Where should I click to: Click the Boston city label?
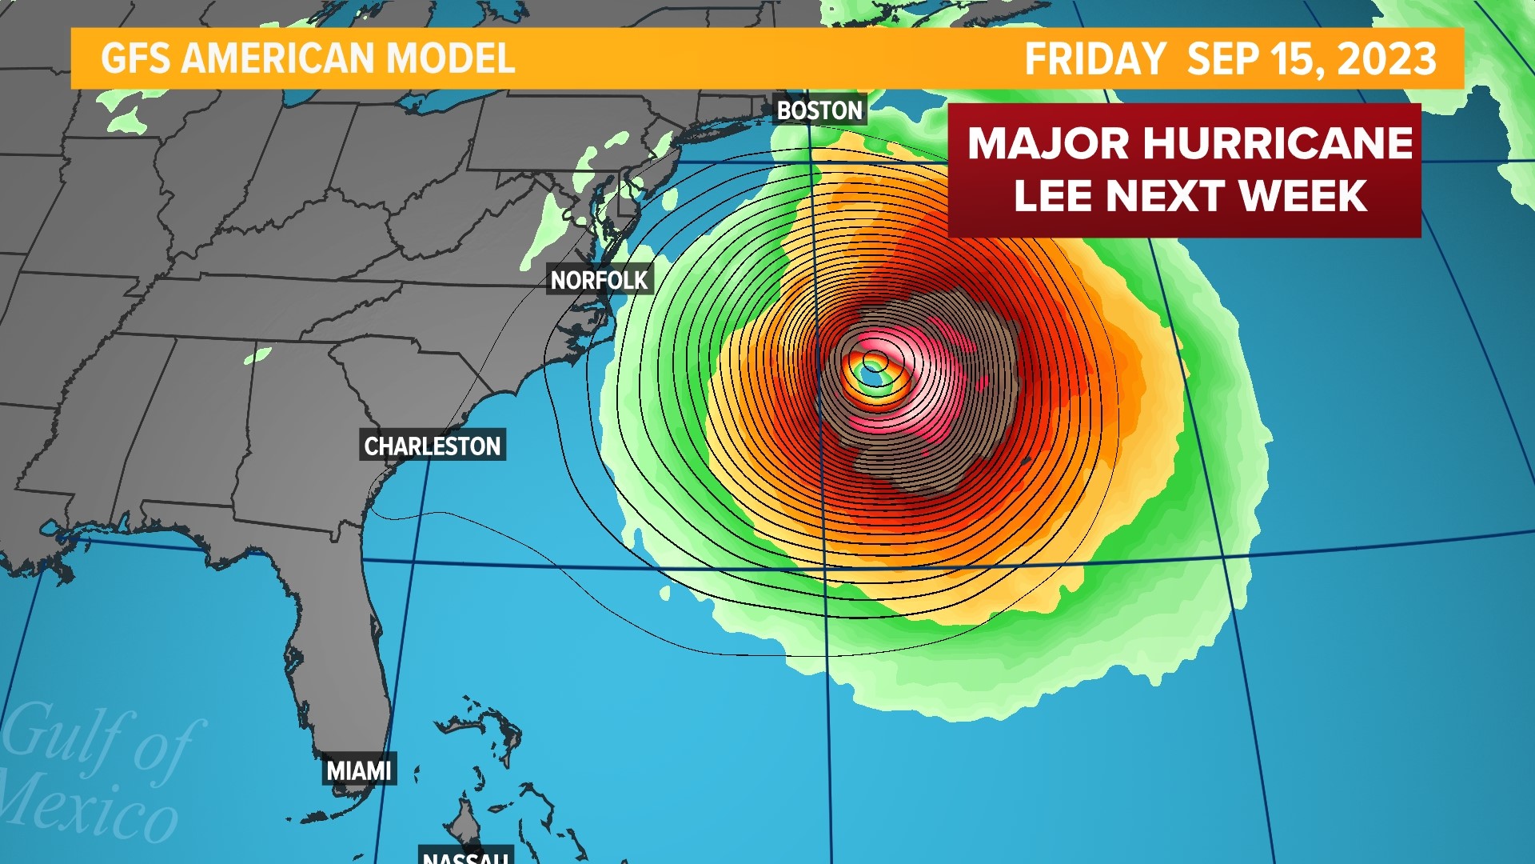[x=820, y=110]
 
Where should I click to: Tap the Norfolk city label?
[x=599, y=280]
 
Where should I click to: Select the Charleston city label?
[x=433, y=446]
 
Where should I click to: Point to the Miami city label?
[x=359, y=770]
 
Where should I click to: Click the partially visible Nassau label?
[x=465, y=856]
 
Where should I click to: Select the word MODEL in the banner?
[x=451, y=59]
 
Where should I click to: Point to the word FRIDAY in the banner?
[x=1095, y=59]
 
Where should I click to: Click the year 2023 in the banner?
[x=1387, y=59]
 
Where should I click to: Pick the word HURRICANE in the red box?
[x=1278, y=144]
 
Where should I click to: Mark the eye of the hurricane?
[x=873, y=369]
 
